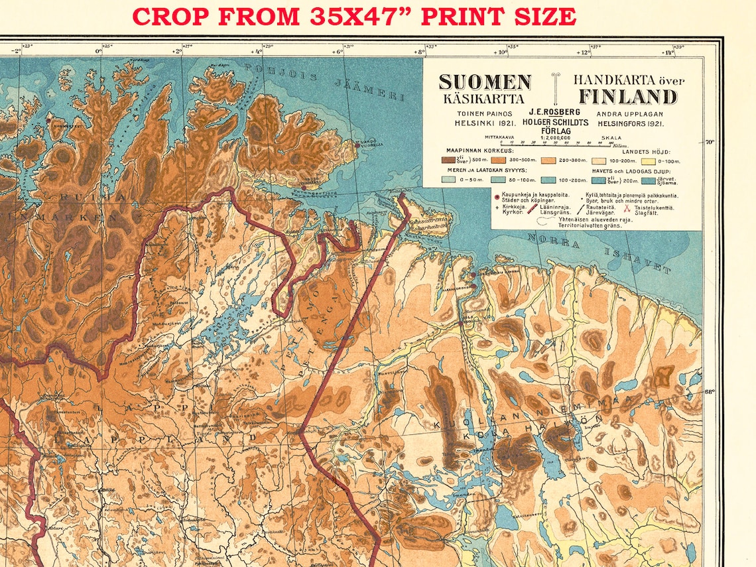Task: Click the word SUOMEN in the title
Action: coord(485,82)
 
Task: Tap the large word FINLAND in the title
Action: coord(627,97)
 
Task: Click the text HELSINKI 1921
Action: coord(474,123)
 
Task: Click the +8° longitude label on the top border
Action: coord(419,51)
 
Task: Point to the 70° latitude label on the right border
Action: coord(709,142)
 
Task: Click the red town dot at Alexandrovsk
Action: coord(472,275)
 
